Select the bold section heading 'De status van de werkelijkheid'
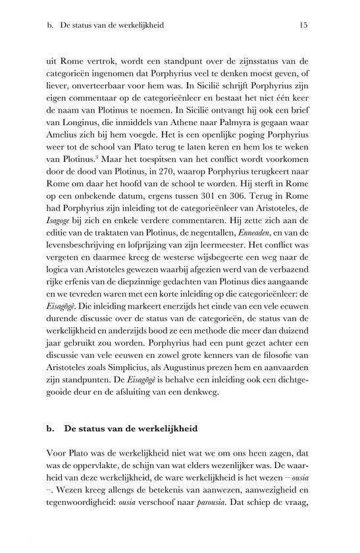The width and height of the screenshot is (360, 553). pos(132,429)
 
